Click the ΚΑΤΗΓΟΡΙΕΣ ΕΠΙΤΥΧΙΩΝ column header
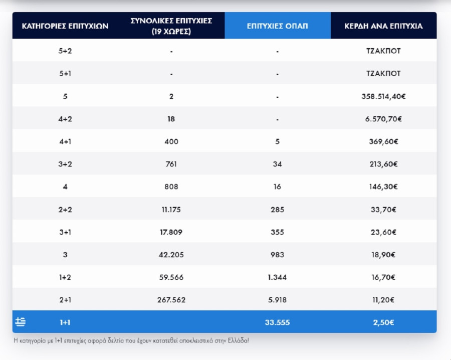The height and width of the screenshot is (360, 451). (x=65, y=26)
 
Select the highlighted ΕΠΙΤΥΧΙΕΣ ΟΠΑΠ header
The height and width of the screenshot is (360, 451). (x=277, y=26)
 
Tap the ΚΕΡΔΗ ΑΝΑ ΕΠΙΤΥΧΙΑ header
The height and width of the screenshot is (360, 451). (x=383, y=26)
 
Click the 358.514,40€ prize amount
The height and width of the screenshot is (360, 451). (x=383, y=96)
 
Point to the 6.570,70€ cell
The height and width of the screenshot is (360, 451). (x=383, y=119)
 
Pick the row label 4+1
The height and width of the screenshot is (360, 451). (x=65, y=142)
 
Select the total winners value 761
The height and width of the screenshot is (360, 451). (x=171, y=164)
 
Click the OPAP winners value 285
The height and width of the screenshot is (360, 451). (x=277, y=210)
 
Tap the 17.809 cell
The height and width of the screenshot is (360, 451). (x=171, y=232)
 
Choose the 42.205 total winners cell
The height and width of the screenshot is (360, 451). (x=171, y=255)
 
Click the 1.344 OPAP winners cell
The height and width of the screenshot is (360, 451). (x=277, y=277)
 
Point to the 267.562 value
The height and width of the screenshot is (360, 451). (x=171, y=300)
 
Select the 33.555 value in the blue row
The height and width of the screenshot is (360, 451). (x=277, y=322)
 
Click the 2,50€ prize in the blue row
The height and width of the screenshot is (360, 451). (x=383, y=322)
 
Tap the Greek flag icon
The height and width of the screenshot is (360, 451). (x=21, y=322)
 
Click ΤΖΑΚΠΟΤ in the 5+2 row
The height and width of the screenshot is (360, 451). (x=383, y=51)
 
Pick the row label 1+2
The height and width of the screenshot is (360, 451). (x=65, y=277)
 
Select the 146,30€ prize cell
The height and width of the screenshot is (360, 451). (x=383, y=187)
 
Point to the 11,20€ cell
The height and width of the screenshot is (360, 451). (x=383, y=300)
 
